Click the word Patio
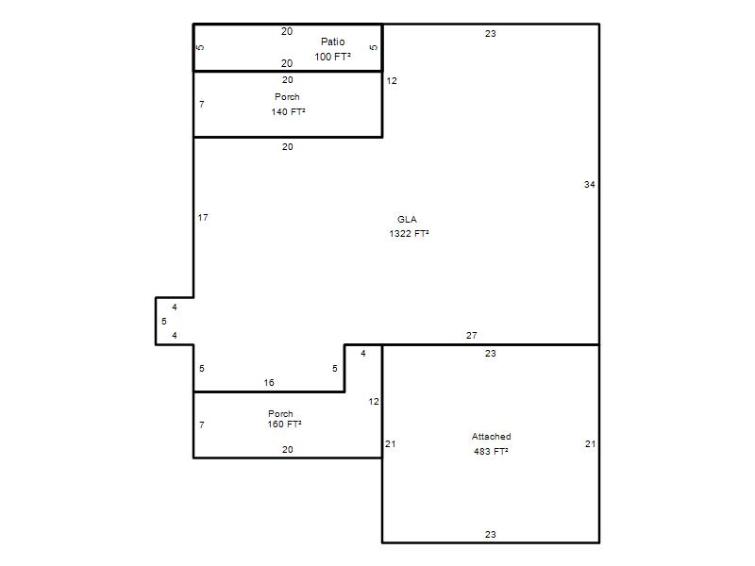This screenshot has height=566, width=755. (x=333, y=42)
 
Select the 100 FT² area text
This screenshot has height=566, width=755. (x=333, y=57)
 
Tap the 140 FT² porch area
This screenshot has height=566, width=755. (x=289, y=111)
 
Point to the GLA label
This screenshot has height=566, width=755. (x=407, y=220)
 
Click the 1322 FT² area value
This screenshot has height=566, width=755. (x=409, y=233)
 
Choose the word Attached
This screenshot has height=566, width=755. (x=491, y=437)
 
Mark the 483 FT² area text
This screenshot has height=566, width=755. (x=491, y=452)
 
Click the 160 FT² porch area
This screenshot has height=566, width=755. (x=285, y=424)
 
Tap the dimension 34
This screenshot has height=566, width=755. (x=589, y=184)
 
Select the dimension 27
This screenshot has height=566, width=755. (x=471, y=336)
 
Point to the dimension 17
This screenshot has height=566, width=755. (x=203, y=218)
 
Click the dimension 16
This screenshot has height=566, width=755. (x=269, y=383)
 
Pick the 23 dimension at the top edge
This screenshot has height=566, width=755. (x=490, y=34)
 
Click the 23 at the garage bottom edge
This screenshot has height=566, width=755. (x=490, y=534)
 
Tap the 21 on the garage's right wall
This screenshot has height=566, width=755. (x=591, y=443)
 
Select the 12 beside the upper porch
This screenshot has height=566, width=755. (x=392, y=81)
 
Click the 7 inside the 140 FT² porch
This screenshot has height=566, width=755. (x=202, y=104)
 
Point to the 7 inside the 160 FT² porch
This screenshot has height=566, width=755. (x=202, y=425)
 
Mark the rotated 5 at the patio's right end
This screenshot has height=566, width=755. (x=374, y=47)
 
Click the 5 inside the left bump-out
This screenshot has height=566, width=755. (x=164, y=321)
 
